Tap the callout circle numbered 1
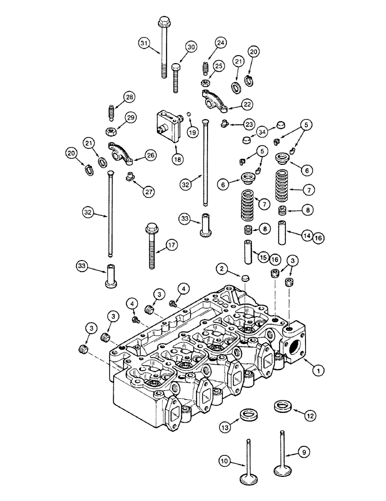(315, 371)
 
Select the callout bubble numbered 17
(171, 245)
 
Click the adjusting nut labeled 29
(111, 132)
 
